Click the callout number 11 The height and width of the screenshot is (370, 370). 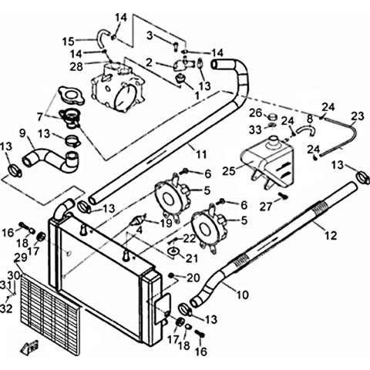[201, 154]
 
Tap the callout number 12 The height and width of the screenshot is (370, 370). [330, 235]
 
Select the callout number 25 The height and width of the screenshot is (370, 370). [229, 170]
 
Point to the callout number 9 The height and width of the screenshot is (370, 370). [22, 133]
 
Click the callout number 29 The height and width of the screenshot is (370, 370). [21, 257]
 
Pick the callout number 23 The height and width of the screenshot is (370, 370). [358, 116]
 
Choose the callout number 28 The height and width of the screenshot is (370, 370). [76, 66]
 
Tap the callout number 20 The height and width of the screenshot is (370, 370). [193, 277]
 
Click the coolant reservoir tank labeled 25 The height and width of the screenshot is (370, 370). [267, 162]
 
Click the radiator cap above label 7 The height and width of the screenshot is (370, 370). [69, 96]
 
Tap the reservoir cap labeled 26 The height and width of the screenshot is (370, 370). [272, 117]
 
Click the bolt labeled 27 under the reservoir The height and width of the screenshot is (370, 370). [284, 197]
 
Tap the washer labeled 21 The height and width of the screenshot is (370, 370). [173, 251]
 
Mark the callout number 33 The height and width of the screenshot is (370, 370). [255, 130]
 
